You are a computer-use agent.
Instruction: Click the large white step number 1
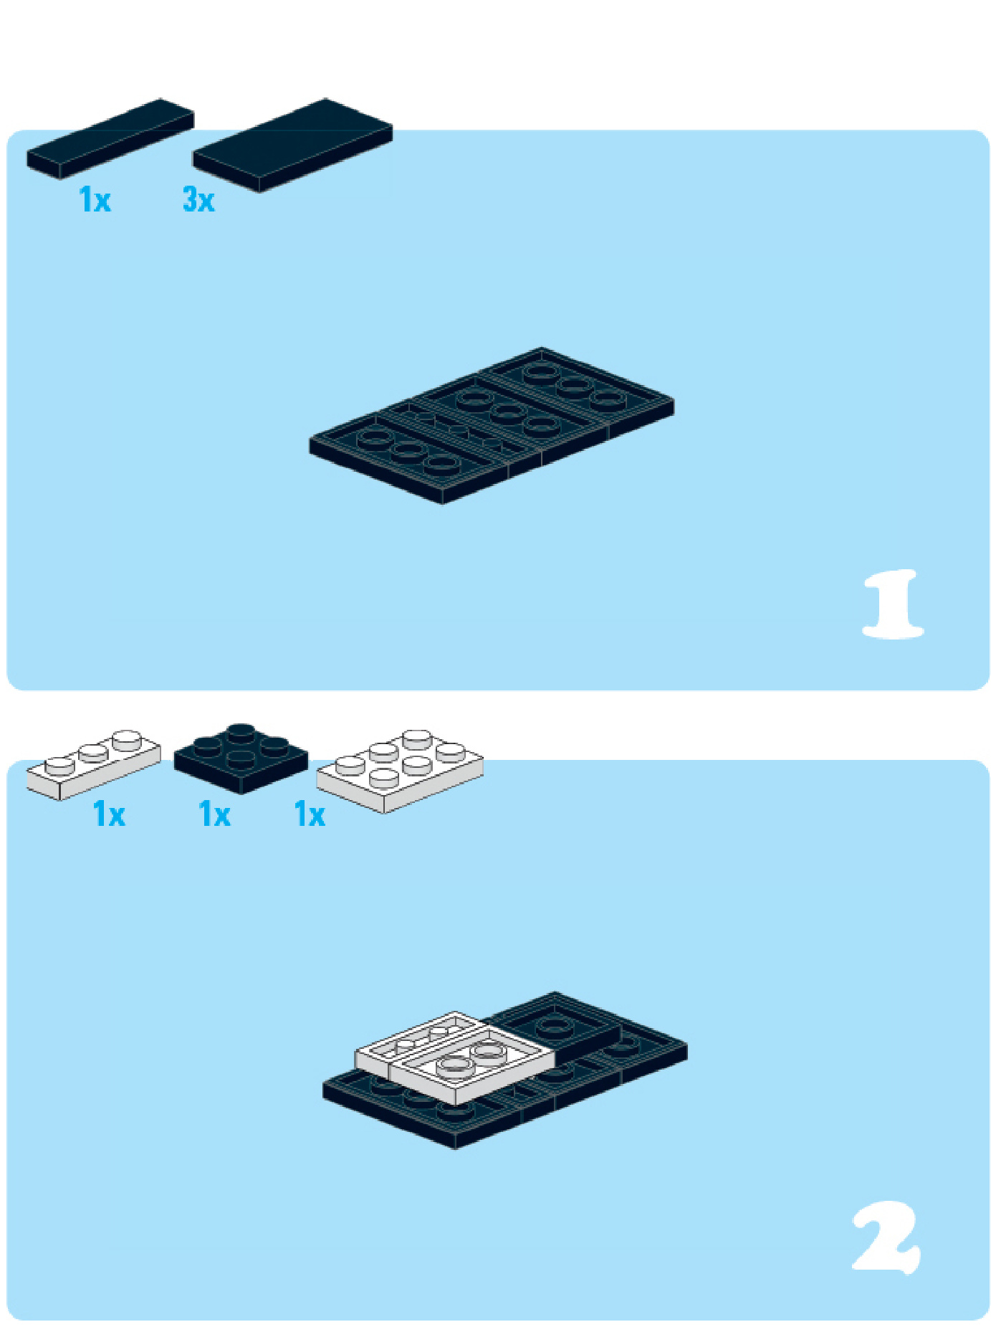coord(893,604)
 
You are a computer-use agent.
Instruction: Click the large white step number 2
coord(887,1237)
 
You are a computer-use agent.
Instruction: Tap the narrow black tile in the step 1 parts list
coord(110,138)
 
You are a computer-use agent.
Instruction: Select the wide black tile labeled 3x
coord(292,145)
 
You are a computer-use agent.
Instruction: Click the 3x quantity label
coord(198,199)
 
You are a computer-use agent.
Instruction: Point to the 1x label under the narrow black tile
coord(95,199)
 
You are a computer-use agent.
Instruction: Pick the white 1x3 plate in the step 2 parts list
coord(93,764)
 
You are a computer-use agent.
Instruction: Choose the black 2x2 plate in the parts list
coord(241,758)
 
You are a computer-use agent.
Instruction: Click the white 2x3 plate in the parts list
coord(400,771)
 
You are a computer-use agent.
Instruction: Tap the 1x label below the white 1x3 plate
coord(109,814)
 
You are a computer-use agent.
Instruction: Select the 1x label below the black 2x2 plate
coord(214,814)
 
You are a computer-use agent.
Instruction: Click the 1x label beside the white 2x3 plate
coord(310,814)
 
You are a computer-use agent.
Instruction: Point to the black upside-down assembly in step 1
coord(492,426)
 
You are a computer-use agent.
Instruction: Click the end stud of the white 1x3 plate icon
coord(128,739)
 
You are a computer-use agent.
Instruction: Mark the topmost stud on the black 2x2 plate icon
coord(241,733)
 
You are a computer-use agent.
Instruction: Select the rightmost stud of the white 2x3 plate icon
coord(450,752)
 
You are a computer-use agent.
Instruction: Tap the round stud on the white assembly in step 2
coord(456,1067)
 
